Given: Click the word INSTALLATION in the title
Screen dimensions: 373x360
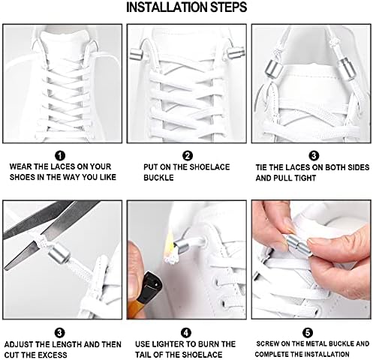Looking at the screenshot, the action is point(167,7).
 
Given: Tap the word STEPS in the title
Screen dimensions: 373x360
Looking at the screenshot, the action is point(228,7).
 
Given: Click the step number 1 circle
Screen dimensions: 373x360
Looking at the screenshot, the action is point(60,156).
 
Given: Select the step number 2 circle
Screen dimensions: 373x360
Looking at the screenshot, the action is point(188,156).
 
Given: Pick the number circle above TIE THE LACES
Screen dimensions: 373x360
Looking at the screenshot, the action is point(314,156).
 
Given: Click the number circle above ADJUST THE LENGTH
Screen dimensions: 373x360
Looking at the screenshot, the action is point(59,333).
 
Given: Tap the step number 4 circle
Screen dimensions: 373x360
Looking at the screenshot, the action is point(186,333).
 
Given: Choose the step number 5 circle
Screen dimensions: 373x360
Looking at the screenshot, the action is point(308,333).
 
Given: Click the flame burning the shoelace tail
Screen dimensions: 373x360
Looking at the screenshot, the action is point(170,246).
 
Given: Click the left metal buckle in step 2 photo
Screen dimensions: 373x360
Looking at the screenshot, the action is point(137,54).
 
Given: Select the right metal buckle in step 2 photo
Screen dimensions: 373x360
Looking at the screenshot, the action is point(235,53).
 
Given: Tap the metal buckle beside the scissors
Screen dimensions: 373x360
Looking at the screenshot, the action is point(59,254).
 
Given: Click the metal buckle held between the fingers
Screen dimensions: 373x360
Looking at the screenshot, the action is point(299,244).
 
